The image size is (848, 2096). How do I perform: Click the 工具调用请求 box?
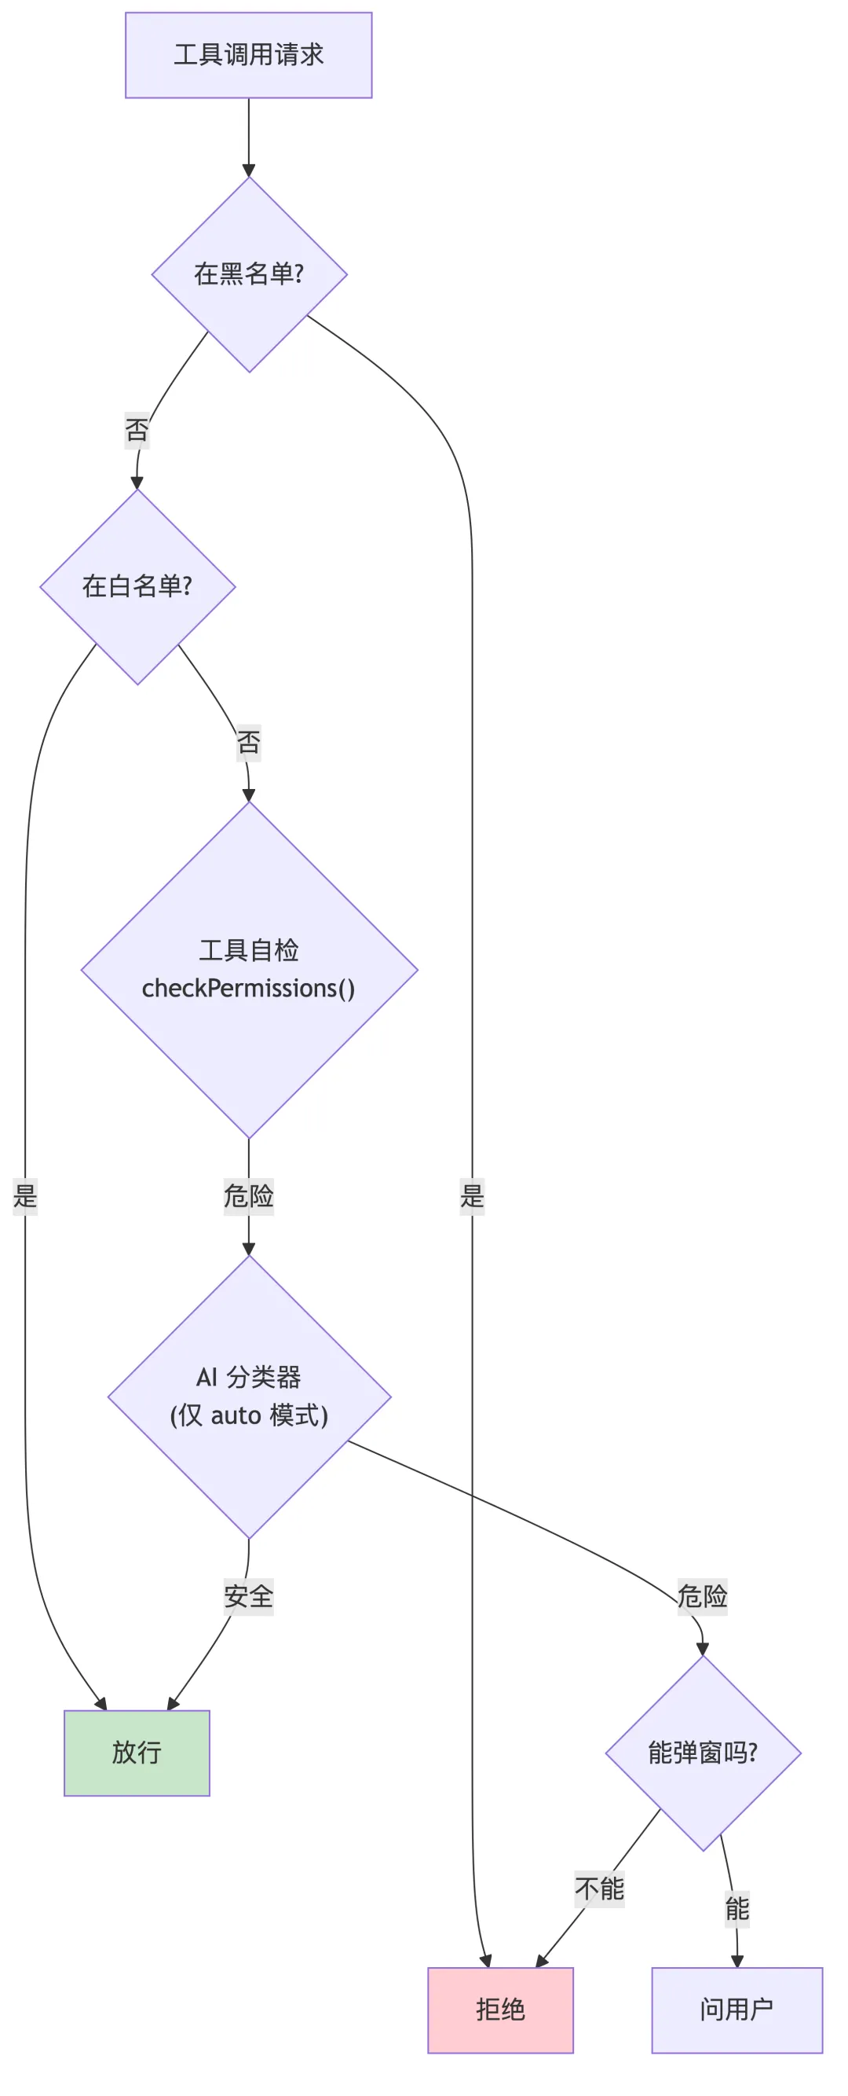pyautogui.click(x=248, y=55)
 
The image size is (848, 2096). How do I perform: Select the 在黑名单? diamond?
pyautogui.click(x=249, y=274)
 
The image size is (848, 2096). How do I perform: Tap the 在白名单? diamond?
pyautogui.click(x=137, y=585)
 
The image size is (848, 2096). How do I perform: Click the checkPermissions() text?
pyautogui.click(x=248, y=988)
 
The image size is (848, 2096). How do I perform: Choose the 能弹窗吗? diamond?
pyautogui.click(x=703, y=1752)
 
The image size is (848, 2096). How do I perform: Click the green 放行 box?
pyautogui.click(x=137, y=1752)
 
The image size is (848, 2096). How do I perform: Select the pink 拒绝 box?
pyautogui.click(x=500, y=2009)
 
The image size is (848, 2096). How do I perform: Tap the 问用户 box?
pyautogui.click(x=737, y=2009)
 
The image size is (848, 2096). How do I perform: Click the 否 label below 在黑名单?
pyautogui.click(x=137, y=430)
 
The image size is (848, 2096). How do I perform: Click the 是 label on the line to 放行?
pyautogui.click(x=25, y=1196)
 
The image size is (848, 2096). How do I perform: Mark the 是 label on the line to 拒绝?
pyautogui.click(x=472, y=1196)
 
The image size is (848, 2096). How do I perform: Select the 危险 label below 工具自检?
pyautogui.click(x=248, y=1196)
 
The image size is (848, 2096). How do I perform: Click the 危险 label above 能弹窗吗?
pyautogui.click(x=703, y=1596)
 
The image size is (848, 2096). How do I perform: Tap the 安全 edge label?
pyautogui.click(x=248, y=1596)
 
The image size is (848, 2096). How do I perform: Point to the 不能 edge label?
pyautogui.click(x=599, y=1889)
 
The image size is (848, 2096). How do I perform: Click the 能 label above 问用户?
pyautogui.click(x=737, y=1909)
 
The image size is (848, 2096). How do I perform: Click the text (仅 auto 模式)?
pyautogui.click(x=249, y=1415)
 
